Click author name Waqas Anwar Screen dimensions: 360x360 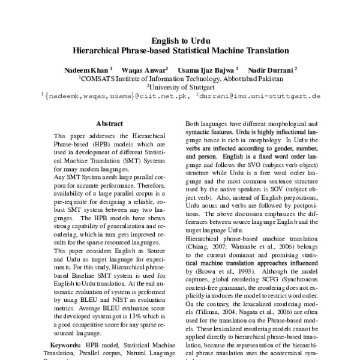click(x=146, y=70)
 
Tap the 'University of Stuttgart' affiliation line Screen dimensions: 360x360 click(x=182, y=87)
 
